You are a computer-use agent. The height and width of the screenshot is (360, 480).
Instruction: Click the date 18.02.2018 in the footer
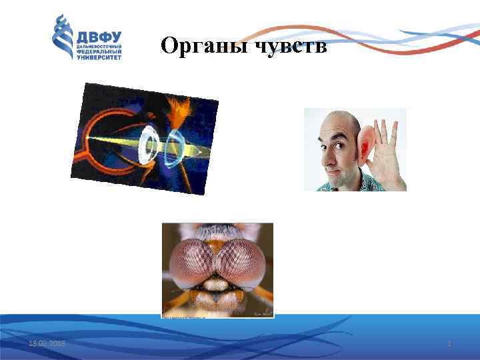tap(47, 343)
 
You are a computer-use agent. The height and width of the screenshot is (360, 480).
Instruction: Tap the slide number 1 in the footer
tap(449, 343)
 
